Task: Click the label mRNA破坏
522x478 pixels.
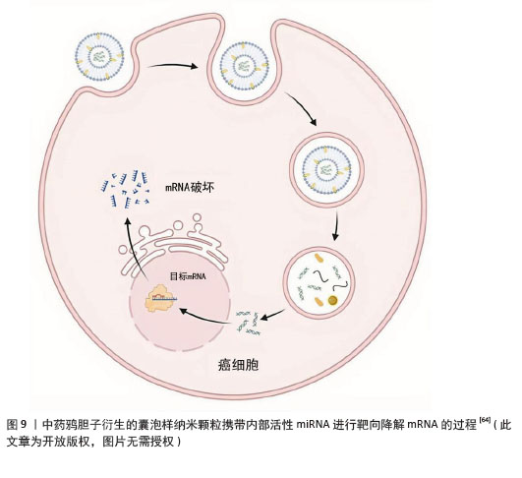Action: pos(190,187)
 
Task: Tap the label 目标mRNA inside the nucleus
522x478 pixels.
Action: pos(188,276)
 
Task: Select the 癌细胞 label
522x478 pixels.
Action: pos(238,365)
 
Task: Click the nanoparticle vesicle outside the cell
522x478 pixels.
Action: pos(99,57)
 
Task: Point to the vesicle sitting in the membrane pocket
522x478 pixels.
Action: pos(245,68)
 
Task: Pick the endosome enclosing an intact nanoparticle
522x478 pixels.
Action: pos(326,169)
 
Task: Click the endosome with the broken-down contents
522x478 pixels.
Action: pos(319,282)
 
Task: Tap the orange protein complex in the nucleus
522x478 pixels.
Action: pos(160,298)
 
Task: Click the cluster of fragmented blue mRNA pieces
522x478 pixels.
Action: pos(125,189)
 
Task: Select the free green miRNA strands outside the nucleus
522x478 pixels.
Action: pos(248,322)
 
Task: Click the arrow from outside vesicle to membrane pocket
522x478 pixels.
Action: pos(172,66)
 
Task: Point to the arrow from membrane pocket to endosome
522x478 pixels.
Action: pos(302,108)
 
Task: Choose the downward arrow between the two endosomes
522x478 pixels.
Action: pos(336,225)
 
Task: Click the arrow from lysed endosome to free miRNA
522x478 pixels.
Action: pos(272,315)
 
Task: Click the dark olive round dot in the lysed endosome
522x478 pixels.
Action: pos(332,300)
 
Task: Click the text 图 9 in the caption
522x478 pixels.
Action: pos(17,424)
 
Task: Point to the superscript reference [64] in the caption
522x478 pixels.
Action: pos(485,420)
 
